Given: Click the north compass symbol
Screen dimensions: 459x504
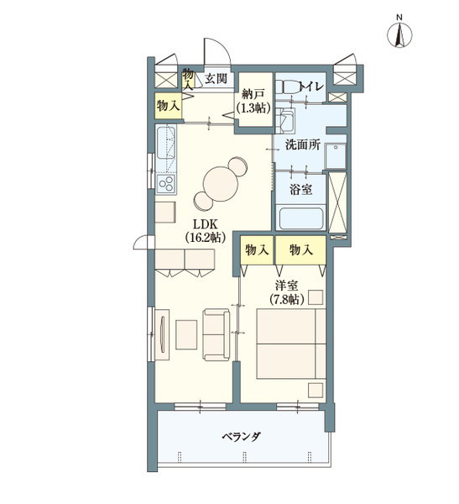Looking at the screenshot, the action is click(x=399, y=34).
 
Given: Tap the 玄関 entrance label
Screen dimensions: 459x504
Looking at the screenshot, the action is click(x=216, y=79).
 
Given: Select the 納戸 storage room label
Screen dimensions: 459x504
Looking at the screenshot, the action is click(x=253, y=94).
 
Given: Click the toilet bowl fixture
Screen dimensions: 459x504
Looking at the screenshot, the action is click(x=286, y=87).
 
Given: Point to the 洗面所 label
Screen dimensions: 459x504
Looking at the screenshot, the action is click(x=303, y=145).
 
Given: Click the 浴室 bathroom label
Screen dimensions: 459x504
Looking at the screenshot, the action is click(x=301, y=189).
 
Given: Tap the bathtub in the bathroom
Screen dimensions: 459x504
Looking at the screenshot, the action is click(x=301, y=218).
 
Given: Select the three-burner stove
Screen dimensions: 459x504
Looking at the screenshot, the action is click(x=166, y=184).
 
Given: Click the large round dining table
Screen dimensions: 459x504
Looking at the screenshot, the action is click(x=221, y=184).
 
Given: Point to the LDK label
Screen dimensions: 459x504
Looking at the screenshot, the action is click(x=205, y=223).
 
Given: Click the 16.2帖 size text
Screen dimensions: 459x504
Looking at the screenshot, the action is click(x=205, y=238).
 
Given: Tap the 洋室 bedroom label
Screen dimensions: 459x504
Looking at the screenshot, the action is click(x=286, y=286).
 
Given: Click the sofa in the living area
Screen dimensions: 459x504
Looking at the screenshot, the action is click(x=216, y=334).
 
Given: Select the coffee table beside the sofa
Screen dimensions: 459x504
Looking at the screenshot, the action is click(x=186, y=334).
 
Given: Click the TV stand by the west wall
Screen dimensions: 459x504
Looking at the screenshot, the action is click(x=162, y=334).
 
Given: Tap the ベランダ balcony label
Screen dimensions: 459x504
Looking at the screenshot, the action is click(x=242, y=437).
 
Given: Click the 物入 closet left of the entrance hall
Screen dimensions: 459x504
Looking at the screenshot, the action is click(x=168, y=106).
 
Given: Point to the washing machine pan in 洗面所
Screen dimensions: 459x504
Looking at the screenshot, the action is click(x=336, y=156).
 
